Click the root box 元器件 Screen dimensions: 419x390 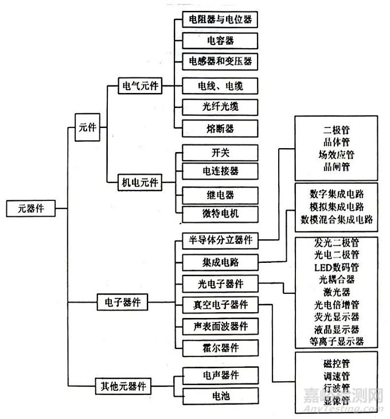coord(32,208)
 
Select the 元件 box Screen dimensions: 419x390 coord(88,127)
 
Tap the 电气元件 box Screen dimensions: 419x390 coord(138,87)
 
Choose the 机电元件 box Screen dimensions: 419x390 coord(138,183)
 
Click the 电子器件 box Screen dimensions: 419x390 coord(123,301)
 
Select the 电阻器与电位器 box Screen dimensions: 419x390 coord(220,20)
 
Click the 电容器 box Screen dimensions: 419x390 coord(220,41)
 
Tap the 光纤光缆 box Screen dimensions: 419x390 coord(220,107)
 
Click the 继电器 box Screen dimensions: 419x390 coord(220,195)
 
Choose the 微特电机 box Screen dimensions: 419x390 coord(220,214)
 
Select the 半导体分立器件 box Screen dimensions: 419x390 coord(220,239)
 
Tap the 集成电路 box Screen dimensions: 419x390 coord(220,262)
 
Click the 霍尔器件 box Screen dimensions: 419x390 coord(220,347)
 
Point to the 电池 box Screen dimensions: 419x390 coord(220,395)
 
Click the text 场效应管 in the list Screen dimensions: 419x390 coord(337,154)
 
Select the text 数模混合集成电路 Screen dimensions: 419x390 coord(337,219)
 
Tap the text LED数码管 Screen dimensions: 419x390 coord(337,267)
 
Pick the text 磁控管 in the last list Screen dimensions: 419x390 coord(337,363)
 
